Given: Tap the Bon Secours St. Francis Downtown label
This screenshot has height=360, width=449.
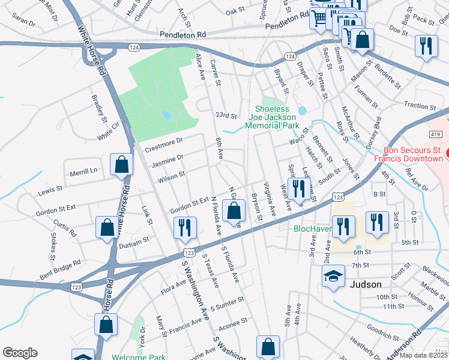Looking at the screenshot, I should pyautogui.click(x=408, y=154).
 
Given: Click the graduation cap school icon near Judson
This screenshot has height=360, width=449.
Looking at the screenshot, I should pyautogui.click(x=333, y=277).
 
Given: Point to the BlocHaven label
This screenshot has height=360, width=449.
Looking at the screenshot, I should pyautogui.click(x=313, y=229).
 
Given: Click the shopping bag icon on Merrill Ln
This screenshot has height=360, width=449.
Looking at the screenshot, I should pyautogui.click(x=121, y=164).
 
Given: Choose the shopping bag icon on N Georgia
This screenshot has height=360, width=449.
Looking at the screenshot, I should pyautogui.click(x=234, y=210).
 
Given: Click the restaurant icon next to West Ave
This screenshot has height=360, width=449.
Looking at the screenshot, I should pyautogui.click(x=297, y=188).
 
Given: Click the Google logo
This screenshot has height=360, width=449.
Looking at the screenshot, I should pyautogui.click(x=20, y=353).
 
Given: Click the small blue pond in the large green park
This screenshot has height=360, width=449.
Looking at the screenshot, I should pyautogui.click(x=166, y=115).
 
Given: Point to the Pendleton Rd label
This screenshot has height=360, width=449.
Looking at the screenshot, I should pyautogui.click(x=181, y=35).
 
